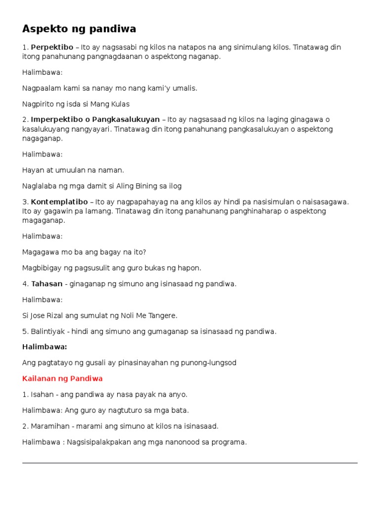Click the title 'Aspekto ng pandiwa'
(79, 29)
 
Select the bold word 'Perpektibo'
(52, 48)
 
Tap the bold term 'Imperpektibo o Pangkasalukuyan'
(95, 120)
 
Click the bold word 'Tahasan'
(47, 284)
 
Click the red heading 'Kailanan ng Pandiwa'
(62, 379)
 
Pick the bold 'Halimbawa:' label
(45, 347)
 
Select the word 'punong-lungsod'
(212, 363)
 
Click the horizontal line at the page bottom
(190, 463)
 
